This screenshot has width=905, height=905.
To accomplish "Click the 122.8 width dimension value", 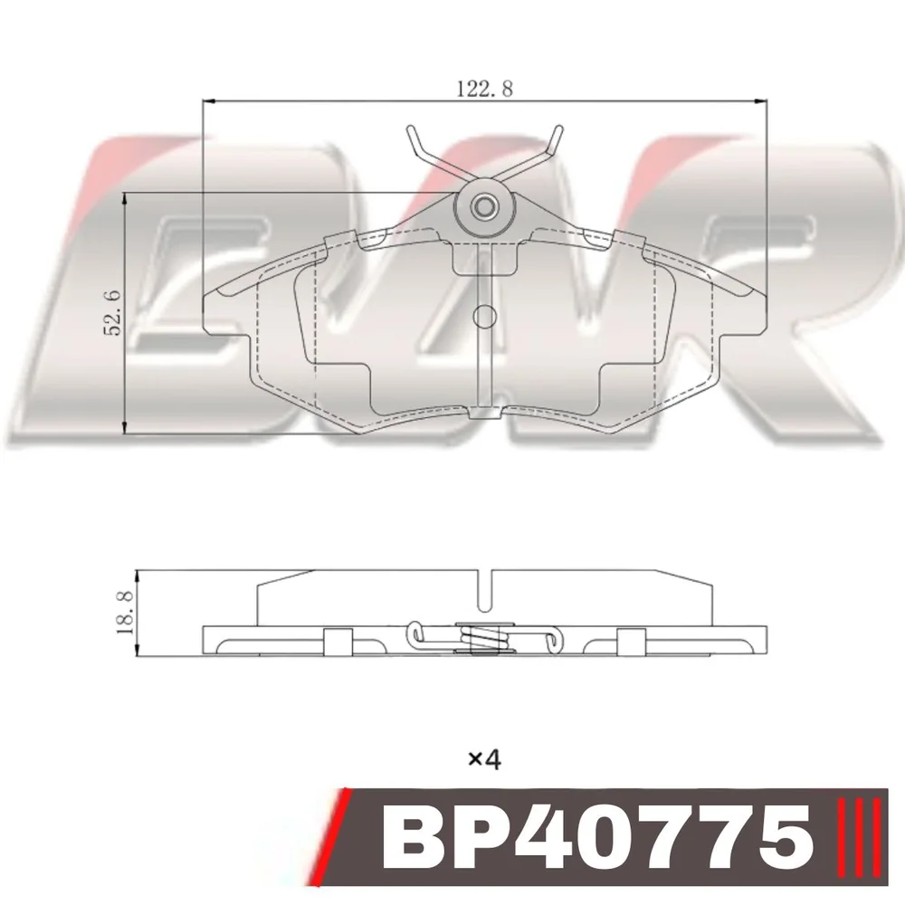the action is (485, 89).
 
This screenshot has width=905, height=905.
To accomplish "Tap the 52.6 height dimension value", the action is (111, 312).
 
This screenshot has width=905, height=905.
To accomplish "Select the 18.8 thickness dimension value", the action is (125, 613).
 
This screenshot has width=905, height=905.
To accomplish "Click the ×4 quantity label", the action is (484, 759).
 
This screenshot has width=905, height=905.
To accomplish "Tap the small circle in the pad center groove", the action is (484, 316).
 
